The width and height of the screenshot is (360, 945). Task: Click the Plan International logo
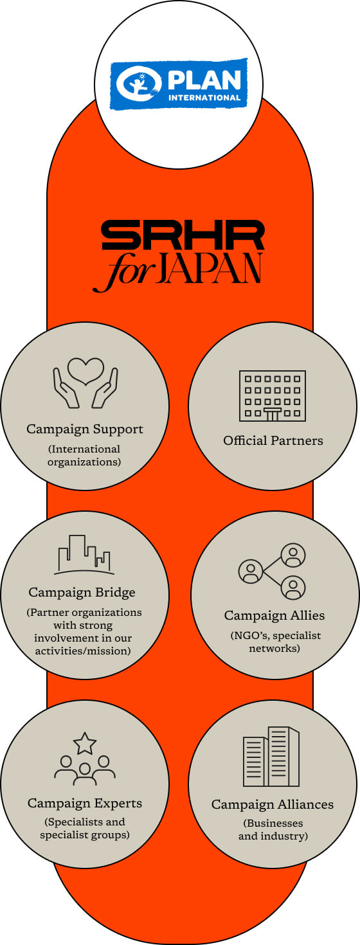179,84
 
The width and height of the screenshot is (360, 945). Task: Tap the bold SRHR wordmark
183,235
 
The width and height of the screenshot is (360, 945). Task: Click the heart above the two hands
85,371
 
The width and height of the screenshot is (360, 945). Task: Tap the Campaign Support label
85,429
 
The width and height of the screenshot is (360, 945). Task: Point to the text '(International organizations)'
84,455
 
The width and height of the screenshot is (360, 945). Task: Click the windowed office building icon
272,396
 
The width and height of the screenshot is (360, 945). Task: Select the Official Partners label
273,440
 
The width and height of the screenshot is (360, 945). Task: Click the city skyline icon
84,555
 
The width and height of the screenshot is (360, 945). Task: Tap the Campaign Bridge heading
82,592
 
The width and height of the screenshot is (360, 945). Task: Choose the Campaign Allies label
274,615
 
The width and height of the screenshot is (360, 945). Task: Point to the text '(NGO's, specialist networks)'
275,642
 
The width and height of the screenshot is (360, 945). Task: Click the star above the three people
85,743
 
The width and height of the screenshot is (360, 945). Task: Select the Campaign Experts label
85,804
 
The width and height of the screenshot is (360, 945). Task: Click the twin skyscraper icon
271,757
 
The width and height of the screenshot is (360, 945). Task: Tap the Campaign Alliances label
273,804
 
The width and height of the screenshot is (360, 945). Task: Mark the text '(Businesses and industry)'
273,829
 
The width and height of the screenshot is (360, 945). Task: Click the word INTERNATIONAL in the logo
204,98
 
